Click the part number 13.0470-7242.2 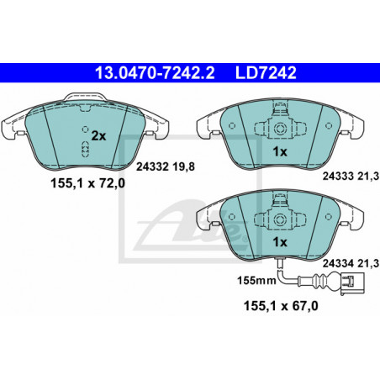point(155,73)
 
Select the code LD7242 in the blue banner point(266,73)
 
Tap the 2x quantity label point(99,136)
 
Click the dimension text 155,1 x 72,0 point(87,184)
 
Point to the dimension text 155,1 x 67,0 point(281,306)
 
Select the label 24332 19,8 point(166,167)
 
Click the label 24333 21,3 point(351,177)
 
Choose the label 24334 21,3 point(351,263)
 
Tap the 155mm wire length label point(256,280)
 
